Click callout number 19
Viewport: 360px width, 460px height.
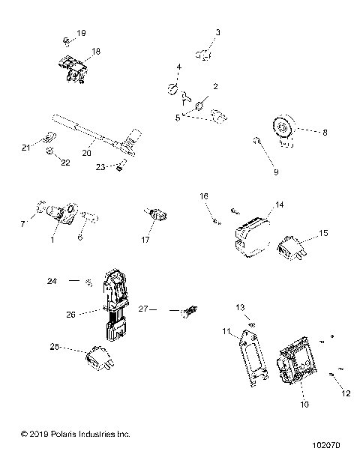coord(81,34)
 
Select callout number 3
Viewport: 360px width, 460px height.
coord(218,32)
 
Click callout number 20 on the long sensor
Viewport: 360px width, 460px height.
coord(87,152)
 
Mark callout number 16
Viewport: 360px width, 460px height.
coord(202,196)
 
